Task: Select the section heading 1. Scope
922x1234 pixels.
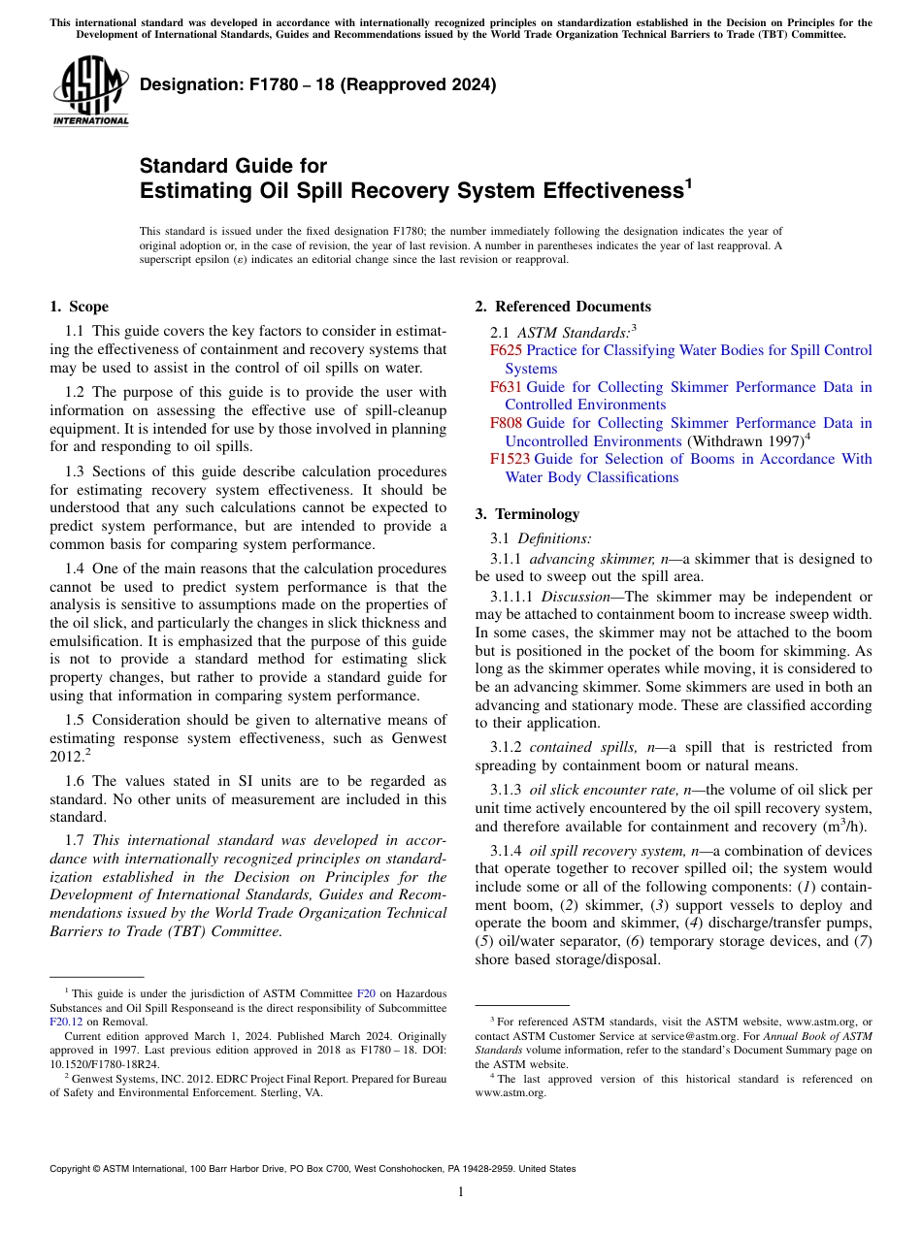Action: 79,307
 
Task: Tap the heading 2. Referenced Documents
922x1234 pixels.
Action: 562,307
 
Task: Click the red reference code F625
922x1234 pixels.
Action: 506,351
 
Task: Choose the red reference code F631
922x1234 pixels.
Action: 506,387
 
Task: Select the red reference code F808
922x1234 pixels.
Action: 506,423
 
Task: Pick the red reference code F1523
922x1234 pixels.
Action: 510,459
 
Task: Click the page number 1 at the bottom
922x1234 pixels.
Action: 461,1192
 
